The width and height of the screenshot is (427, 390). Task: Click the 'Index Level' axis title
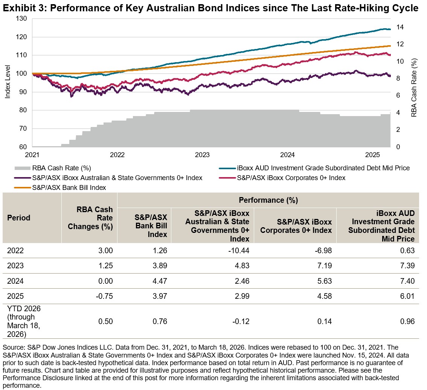[x=8, y=83]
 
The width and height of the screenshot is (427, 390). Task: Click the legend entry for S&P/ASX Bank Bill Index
[x=69, y=187]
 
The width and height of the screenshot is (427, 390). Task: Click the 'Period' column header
[x=18, y=218]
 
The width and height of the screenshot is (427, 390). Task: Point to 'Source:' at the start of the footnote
[x=13, y=346]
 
